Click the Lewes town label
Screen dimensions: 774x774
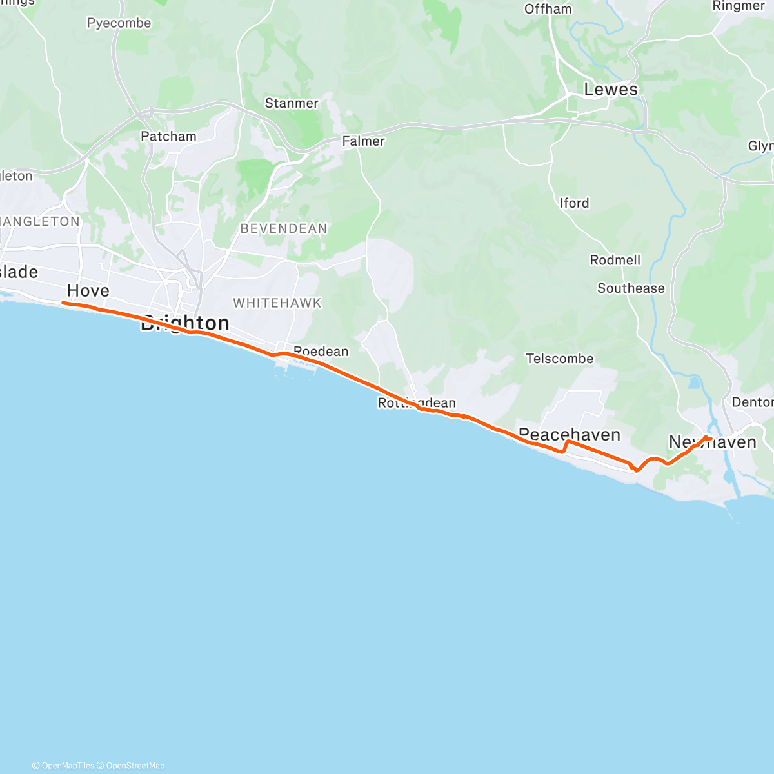pyautogui.click(x=610, y=90)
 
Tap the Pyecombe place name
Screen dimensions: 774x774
pyautogui.click(x=119, y=23)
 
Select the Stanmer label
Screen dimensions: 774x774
pyautogui.click(x=292, y=103)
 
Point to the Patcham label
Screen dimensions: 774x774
pyautogui.click(x=168, y=136)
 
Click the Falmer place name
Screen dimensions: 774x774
pyautogui.click(x=363, y=141)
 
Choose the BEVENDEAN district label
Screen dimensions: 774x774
pyautogui.click(x=284, y=228)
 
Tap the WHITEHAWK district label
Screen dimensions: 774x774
pyautogui.click(x=277, y=303)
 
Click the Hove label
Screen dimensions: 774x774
pyautogui.click(x=88, y=291)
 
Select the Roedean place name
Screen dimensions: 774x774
pyautogui.click(x=321, y=352)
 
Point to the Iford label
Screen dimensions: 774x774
pyautogui.click(x=574, y=203)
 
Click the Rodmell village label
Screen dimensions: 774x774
pyautogui.click(x=615, y=260)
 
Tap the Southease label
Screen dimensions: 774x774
pyautogui.click(x=631, y=288)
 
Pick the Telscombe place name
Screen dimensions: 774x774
pyautogui.click(x=559, y=359)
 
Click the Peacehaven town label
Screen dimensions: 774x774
pyautogui.click(x=570, y=435)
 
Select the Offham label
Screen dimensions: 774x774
pyautogui.click(x=548, y=9)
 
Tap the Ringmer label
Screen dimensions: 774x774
pyautogui.click(x=738, y=6)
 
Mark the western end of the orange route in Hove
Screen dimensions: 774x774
pyautogui.click(x=63, y=303)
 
